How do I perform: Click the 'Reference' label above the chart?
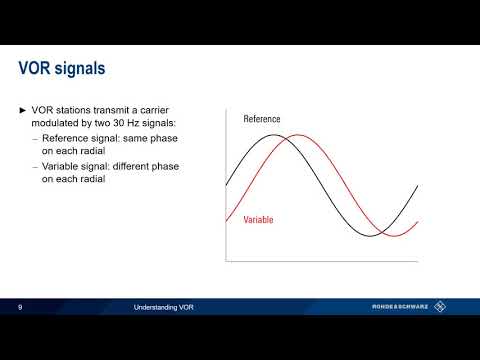click(x=262, y=119)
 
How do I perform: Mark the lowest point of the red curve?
click(x=392, y=236)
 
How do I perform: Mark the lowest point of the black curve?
click(x=369, y=236)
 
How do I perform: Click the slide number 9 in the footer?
click(x=20, y=308)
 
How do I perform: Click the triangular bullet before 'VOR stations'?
click(x=23, y=109)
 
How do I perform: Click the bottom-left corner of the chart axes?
click(x=226, y=262)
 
